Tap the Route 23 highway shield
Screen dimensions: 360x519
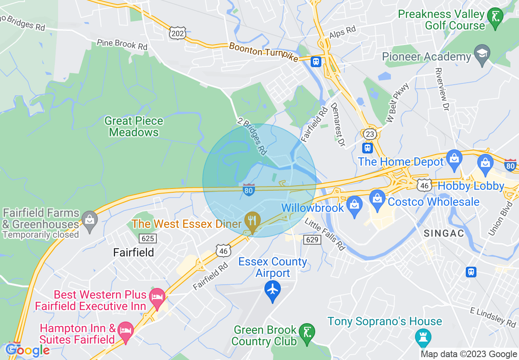(x=369, y=134)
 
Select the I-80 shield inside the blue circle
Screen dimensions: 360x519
(x=249, y=190)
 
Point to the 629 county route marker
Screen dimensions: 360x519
(x=312, y=239)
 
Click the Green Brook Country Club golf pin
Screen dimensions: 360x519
(x=306, y=333)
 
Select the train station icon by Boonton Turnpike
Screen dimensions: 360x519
(x=316, y=61)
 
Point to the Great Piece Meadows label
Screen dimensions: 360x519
(x=134, y=127)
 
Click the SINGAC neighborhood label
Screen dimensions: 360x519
(x=444, y=234)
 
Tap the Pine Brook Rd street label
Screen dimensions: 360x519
(x=122, y=44)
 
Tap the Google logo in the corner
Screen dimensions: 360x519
(x=27, y=351)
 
